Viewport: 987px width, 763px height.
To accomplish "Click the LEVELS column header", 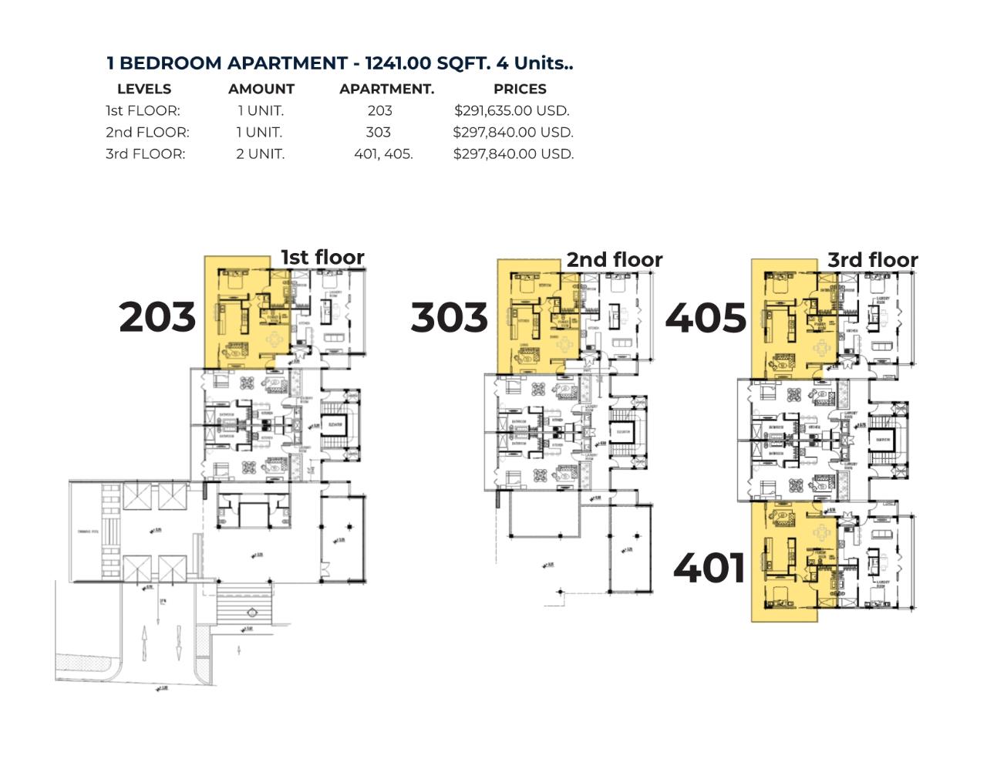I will pos(144,89).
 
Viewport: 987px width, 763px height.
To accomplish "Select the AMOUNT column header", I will pos(261,89).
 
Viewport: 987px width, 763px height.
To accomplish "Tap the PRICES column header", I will pos(520,89).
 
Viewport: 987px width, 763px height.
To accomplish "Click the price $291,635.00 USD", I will pos(512,110).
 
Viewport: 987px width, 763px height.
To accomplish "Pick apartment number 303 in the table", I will pos(378,132).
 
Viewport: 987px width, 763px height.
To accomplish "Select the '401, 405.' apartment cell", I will pos(383,154).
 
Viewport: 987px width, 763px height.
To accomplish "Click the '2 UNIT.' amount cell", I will pos(260,154).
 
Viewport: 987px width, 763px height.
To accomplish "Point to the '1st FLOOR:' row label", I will pos(143,110).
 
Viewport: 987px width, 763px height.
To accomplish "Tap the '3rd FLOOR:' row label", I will pos(145,154).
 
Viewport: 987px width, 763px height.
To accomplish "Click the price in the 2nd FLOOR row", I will pos(513,132).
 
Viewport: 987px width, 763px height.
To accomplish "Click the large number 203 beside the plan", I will pos(157,317).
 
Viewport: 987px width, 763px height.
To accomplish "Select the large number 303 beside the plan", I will pos(449,317).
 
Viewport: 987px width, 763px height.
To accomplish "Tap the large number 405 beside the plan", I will pos(706,317).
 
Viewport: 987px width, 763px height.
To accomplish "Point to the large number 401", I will pos(709,569).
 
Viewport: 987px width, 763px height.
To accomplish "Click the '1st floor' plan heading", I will pos(322,257).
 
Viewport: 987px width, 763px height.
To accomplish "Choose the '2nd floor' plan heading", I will pos(615,259).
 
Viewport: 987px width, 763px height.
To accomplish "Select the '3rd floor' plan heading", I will pos(873,260).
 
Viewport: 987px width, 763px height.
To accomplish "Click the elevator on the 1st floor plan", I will pos(336,426).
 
